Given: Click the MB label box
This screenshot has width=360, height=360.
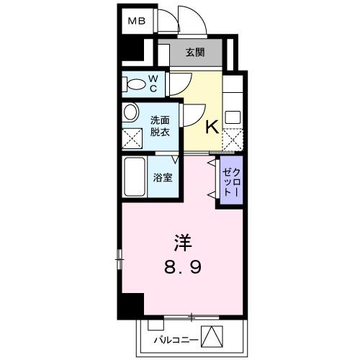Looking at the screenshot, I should (x=136, y=21).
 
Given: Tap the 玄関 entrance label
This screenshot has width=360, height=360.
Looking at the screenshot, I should (x=194, y=52).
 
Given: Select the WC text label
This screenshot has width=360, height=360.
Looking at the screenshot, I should (x=153, y=83).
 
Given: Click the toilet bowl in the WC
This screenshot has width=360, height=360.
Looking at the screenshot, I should (x=134, y=84).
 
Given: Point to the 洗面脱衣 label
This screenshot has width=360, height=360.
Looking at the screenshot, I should (x=159, y=127).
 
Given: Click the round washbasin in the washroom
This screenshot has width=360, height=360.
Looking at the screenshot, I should (x=131, y=113).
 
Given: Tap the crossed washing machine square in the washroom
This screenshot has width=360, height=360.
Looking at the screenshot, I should (x=132, y=137).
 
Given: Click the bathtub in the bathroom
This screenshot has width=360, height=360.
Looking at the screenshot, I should (x=133, y=177).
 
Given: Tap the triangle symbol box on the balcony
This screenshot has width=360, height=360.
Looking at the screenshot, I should (x=210, y=336).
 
